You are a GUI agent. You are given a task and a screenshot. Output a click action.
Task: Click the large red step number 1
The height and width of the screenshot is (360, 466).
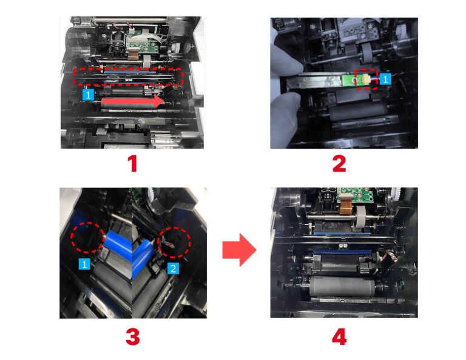(x=132, y=164)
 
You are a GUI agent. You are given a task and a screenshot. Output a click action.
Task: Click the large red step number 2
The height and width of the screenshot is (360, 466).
(x=339, y=164)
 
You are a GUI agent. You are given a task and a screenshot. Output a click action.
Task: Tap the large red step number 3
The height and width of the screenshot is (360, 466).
(x=132, y=337)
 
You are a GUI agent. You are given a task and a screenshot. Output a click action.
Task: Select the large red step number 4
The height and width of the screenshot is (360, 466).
(x=339, y=338)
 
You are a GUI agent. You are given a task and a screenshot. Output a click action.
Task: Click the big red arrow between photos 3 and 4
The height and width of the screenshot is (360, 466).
(x=239, y=250)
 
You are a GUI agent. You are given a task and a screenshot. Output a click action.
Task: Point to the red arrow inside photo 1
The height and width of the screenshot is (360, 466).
(x=132, y=101)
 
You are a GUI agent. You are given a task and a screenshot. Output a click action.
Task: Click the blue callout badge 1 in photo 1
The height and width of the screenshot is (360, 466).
(x=88, y=95)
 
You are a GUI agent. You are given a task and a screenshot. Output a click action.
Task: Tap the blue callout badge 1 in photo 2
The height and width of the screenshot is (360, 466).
(x=385, y=80)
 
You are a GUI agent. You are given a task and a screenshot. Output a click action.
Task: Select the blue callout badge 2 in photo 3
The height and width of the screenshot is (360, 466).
(x=173, y=269)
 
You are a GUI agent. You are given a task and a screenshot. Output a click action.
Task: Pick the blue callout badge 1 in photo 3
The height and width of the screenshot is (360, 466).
(x=84, y=264)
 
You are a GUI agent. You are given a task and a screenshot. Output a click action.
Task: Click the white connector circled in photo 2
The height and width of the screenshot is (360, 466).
(x=365, y=80)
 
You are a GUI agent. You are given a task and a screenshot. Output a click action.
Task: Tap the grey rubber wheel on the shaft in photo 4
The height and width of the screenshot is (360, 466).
(x=362, y=217)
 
